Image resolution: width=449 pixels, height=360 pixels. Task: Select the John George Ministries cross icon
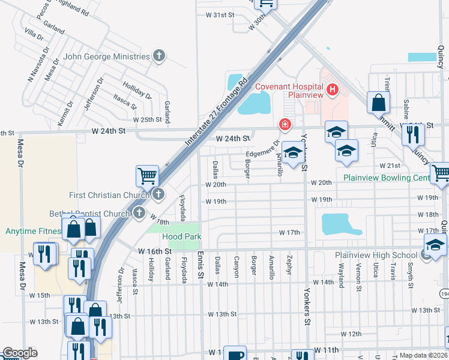(x=159, y=56)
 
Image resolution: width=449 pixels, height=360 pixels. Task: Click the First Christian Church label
(x=109, y=195)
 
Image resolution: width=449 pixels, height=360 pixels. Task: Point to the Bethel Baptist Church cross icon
(x=139, y=213)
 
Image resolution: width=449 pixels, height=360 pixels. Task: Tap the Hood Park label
(x=180, y=237)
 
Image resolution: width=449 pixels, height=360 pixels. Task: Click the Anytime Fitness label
(x=34, y=231)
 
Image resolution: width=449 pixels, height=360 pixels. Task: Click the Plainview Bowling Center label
(x=386, y=178)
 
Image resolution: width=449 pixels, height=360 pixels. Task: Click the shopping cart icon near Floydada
(x=147, y=176)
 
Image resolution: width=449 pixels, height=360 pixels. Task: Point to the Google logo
(x=20, y=353)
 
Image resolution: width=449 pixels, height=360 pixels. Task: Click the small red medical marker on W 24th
(x=285, y=125)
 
